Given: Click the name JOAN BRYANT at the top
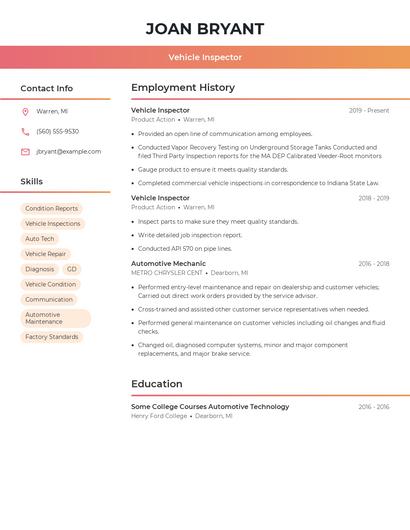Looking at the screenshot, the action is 205,28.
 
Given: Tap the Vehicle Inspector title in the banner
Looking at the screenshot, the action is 205,57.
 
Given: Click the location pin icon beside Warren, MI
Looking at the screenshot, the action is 25,111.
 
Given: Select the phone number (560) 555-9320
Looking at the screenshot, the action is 57,131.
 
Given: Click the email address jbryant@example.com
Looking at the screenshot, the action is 68,151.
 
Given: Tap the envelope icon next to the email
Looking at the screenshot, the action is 25,151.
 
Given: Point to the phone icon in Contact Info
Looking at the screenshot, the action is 25,131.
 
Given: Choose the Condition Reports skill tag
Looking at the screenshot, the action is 51,208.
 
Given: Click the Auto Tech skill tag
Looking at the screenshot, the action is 40,239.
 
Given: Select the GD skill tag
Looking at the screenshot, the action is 72,269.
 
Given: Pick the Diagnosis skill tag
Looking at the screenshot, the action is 40,269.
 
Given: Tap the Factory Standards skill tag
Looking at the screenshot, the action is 51,337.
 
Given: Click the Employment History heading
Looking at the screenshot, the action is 183,88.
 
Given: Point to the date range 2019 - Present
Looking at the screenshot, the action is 369,110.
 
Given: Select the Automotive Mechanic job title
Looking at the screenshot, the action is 169,264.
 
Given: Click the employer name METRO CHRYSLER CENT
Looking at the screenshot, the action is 167,273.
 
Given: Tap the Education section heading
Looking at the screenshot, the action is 157,384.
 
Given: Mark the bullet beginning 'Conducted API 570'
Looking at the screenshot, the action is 185,248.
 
